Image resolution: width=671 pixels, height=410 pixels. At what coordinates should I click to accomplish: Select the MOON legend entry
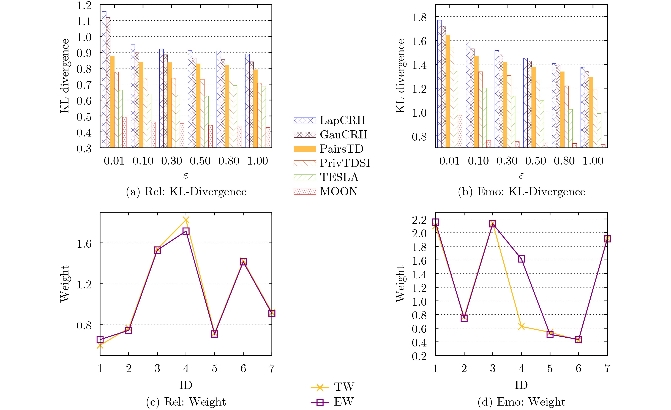325,191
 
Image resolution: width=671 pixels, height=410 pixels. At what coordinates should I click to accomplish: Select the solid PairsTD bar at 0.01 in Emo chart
448,91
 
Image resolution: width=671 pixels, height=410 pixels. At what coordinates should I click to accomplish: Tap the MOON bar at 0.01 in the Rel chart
125,132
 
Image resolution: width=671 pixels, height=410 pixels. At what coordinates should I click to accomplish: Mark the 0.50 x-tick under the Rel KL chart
200,161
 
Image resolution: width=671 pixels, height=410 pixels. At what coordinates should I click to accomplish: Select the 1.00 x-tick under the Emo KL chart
593,161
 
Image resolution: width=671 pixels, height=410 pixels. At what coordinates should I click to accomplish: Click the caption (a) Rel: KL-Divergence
186,192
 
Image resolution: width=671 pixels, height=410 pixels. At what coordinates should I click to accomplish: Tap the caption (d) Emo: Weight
521,402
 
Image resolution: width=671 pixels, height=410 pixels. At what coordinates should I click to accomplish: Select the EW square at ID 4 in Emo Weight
521,259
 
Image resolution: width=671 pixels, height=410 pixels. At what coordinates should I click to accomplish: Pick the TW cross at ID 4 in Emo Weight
521,326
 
